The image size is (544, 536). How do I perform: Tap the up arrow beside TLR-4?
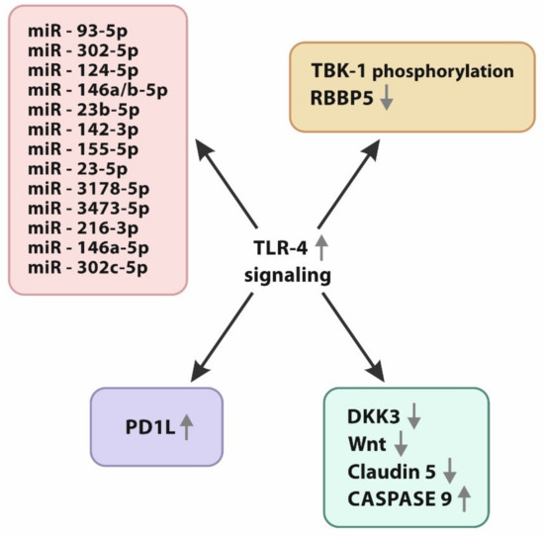[x=320, y=248]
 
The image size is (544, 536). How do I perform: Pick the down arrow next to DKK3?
[x=414, y=414]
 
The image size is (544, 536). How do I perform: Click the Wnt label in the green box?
[x=368, y=442]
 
